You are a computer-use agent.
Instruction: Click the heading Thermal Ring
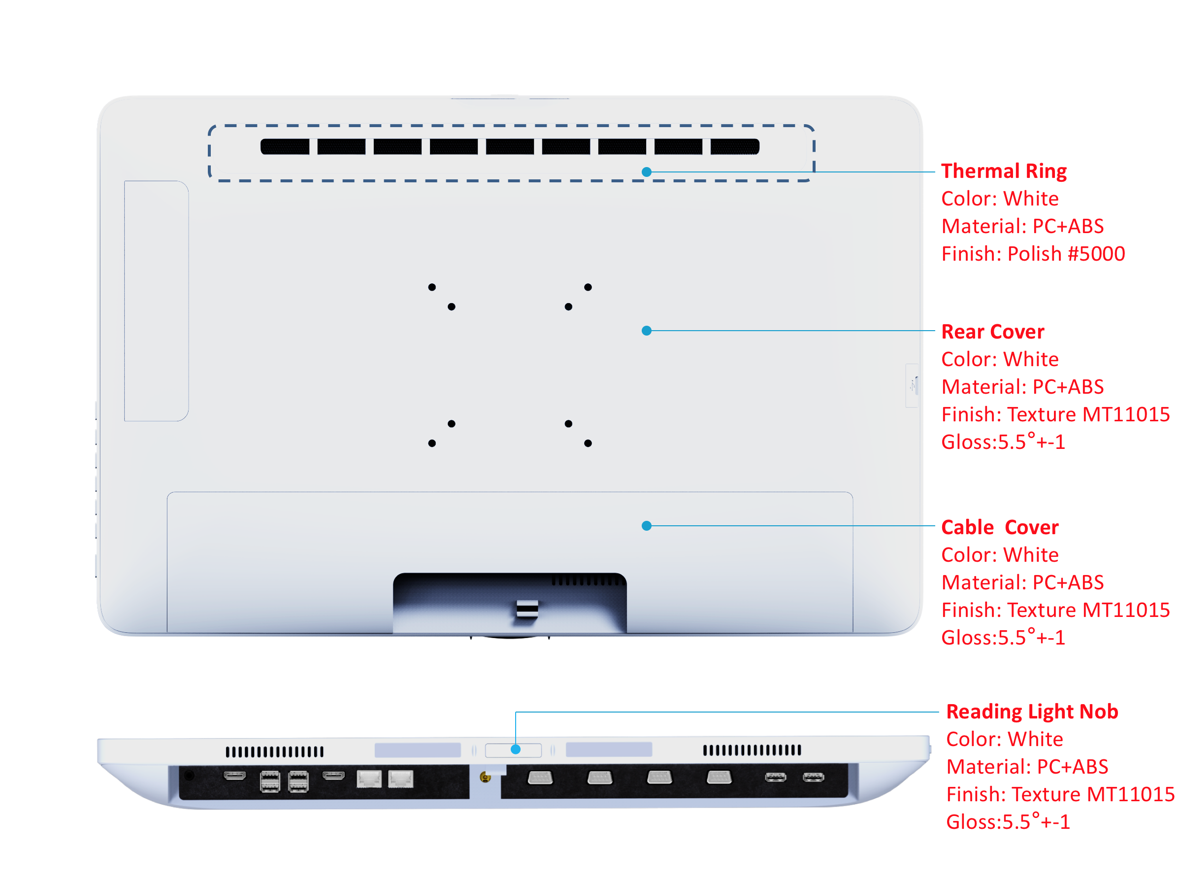pos(1003,171)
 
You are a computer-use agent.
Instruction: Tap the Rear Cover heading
pos(992,332)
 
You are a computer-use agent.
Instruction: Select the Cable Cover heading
pos(999,527)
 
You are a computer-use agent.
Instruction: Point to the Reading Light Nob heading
pos(1031,712)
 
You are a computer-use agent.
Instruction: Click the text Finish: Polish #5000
pos(1033,254)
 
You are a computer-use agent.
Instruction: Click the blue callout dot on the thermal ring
pos(646,172)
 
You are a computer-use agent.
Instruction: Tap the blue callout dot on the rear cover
pos(646,331)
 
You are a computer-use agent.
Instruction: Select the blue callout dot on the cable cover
pos(646,526)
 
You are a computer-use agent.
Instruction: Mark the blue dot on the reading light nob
pos(515,749)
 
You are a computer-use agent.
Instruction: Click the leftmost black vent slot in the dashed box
pos(285,146)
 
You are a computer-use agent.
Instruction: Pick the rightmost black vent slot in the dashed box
pos(735,146)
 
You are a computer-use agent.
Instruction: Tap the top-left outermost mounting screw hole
pos(431,287)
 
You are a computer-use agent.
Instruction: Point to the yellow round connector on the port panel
pos(485,777)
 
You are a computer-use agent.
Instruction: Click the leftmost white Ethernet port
pos(369,779)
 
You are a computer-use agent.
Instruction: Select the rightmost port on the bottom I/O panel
pos(813,777)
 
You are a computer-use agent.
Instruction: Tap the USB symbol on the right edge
pos(913,384)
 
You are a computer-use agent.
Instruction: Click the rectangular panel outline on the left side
pos(156,301)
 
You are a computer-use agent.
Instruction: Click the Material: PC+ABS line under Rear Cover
pos(1022,387)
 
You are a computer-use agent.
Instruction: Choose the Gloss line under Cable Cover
pos(1003,637)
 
